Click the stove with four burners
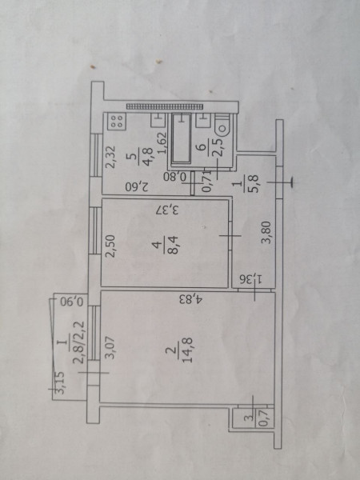(x=117, y=122)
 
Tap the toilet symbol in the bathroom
(x=222, y=125)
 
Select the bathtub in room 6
(x=181, y=138)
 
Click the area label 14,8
(x=186, y=350)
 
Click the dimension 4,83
(x=192, y=298)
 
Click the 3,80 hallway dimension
(x=266, y=232)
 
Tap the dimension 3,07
(x=110, y=347)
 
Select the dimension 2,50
(x=110, y=246)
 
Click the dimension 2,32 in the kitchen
(x=110, y=157)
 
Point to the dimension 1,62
(x=162, y=142)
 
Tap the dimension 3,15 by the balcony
(x=60, y=382)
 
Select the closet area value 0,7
(x=263, y=418)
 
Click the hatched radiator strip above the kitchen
(x=165, y=106)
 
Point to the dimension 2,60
(x=137, y=186)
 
